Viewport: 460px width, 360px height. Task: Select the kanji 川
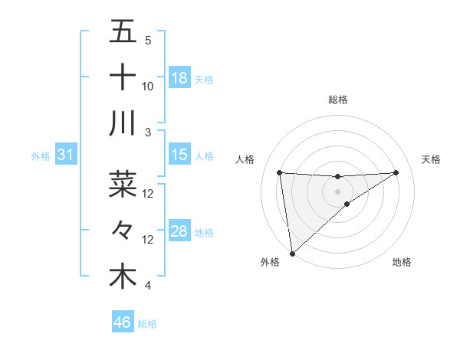pos(123,123)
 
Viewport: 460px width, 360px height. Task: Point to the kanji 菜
pos(123,184)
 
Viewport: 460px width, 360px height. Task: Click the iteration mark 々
pos(123,230)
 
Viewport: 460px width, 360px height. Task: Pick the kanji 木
pos(123,277)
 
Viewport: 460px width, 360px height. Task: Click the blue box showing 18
pos(179,78)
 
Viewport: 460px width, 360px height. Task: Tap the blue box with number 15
pos(179,155)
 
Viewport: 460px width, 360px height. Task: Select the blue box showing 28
pos(179,231)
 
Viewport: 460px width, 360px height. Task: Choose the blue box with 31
pos(65,155)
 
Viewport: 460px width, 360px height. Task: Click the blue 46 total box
pos(123,322)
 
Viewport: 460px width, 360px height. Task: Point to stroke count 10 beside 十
pos(148,87)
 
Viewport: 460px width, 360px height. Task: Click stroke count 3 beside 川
pos(148,133)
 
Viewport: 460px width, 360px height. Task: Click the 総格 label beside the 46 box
pos(147,324)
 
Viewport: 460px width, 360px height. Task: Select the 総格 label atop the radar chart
pos(338,100)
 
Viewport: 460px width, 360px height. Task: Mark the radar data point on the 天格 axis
pos(396,172)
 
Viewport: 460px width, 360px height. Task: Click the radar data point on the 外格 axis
pos(292,254)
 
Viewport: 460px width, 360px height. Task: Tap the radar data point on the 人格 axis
pos(280,172)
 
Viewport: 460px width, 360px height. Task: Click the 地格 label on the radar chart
pos(402,263)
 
